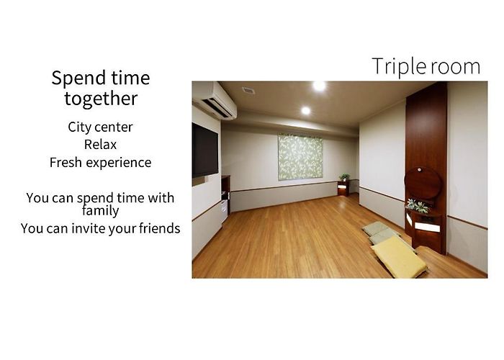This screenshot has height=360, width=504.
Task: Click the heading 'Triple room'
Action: [x=426, y=67]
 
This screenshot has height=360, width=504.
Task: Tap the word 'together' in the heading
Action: [x=101, y=99]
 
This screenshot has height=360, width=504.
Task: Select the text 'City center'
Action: [x=100, y=127]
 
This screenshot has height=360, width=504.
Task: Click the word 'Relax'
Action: [x=100, y=145]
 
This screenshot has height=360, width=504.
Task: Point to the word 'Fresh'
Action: [x=66, y=162]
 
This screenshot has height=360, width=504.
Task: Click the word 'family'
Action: [x=100, y=210]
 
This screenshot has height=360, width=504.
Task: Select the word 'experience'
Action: [x=118, y=163]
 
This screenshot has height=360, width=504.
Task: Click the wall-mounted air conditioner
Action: [x=215, y=100]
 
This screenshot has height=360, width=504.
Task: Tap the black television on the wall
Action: [x=205, y=150]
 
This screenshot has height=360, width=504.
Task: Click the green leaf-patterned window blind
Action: [x=300, y=157]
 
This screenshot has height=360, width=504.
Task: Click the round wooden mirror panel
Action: [x=423, y=183]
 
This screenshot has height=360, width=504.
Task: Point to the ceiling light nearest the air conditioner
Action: [x=306, y=111]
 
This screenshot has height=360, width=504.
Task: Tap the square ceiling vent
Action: [x=248, y=90]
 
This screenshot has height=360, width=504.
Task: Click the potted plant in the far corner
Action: [x=344, y=177]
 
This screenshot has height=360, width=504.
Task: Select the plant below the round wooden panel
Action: [x=418, y=207]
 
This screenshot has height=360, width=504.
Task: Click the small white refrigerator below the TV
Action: [x=224, y=211]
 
